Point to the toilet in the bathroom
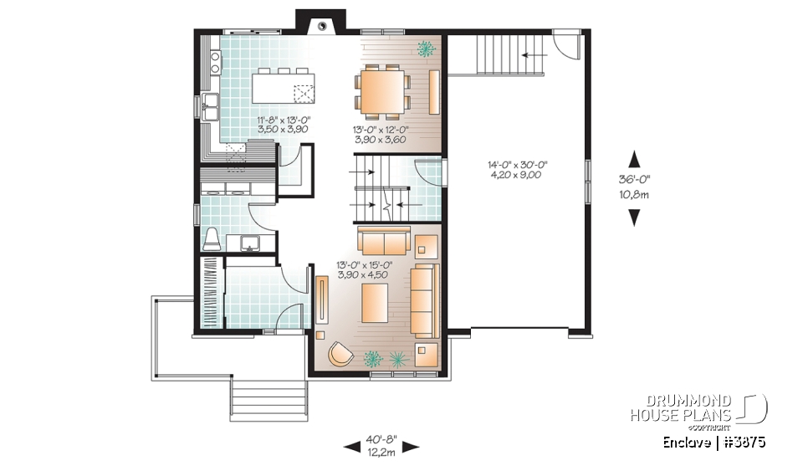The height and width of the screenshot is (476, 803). (x=212, y=238)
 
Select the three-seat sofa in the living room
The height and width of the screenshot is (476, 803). (x=423, y=300)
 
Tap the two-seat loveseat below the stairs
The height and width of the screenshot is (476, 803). (x=383, y=243)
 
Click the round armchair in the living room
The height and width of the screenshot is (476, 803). (x=341, y=354)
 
